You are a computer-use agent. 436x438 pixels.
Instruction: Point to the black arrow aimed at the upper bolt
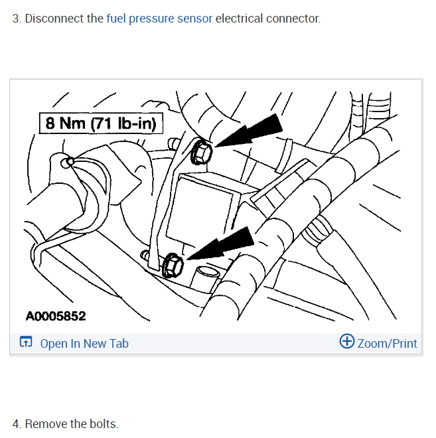click(252, 133)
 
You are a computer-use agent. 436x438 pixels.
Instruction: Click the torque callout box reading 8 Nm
click(100, 123)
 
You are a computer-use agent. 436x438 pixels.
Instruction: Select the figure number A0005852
click(56, 316)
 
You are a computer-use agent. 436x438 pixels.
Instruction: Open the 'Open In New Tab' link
click(84, 343)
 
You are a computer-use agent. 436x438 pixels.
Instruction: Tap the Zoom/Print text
click(388, 343)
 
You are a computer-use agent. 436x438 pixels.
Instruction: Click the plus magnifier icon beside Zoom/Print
click(347, 342)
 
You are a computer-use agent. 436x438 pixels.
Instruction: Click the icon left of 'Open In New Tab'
click(26, 343)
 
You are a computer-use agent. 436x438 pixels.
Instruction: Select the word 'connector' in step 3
click(293, 18)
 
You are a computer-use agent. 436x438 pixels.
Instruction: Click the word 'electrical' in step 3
click(240, 18)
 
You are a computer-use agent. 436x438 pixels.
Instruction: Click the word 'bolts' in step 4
click(103, 423)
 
